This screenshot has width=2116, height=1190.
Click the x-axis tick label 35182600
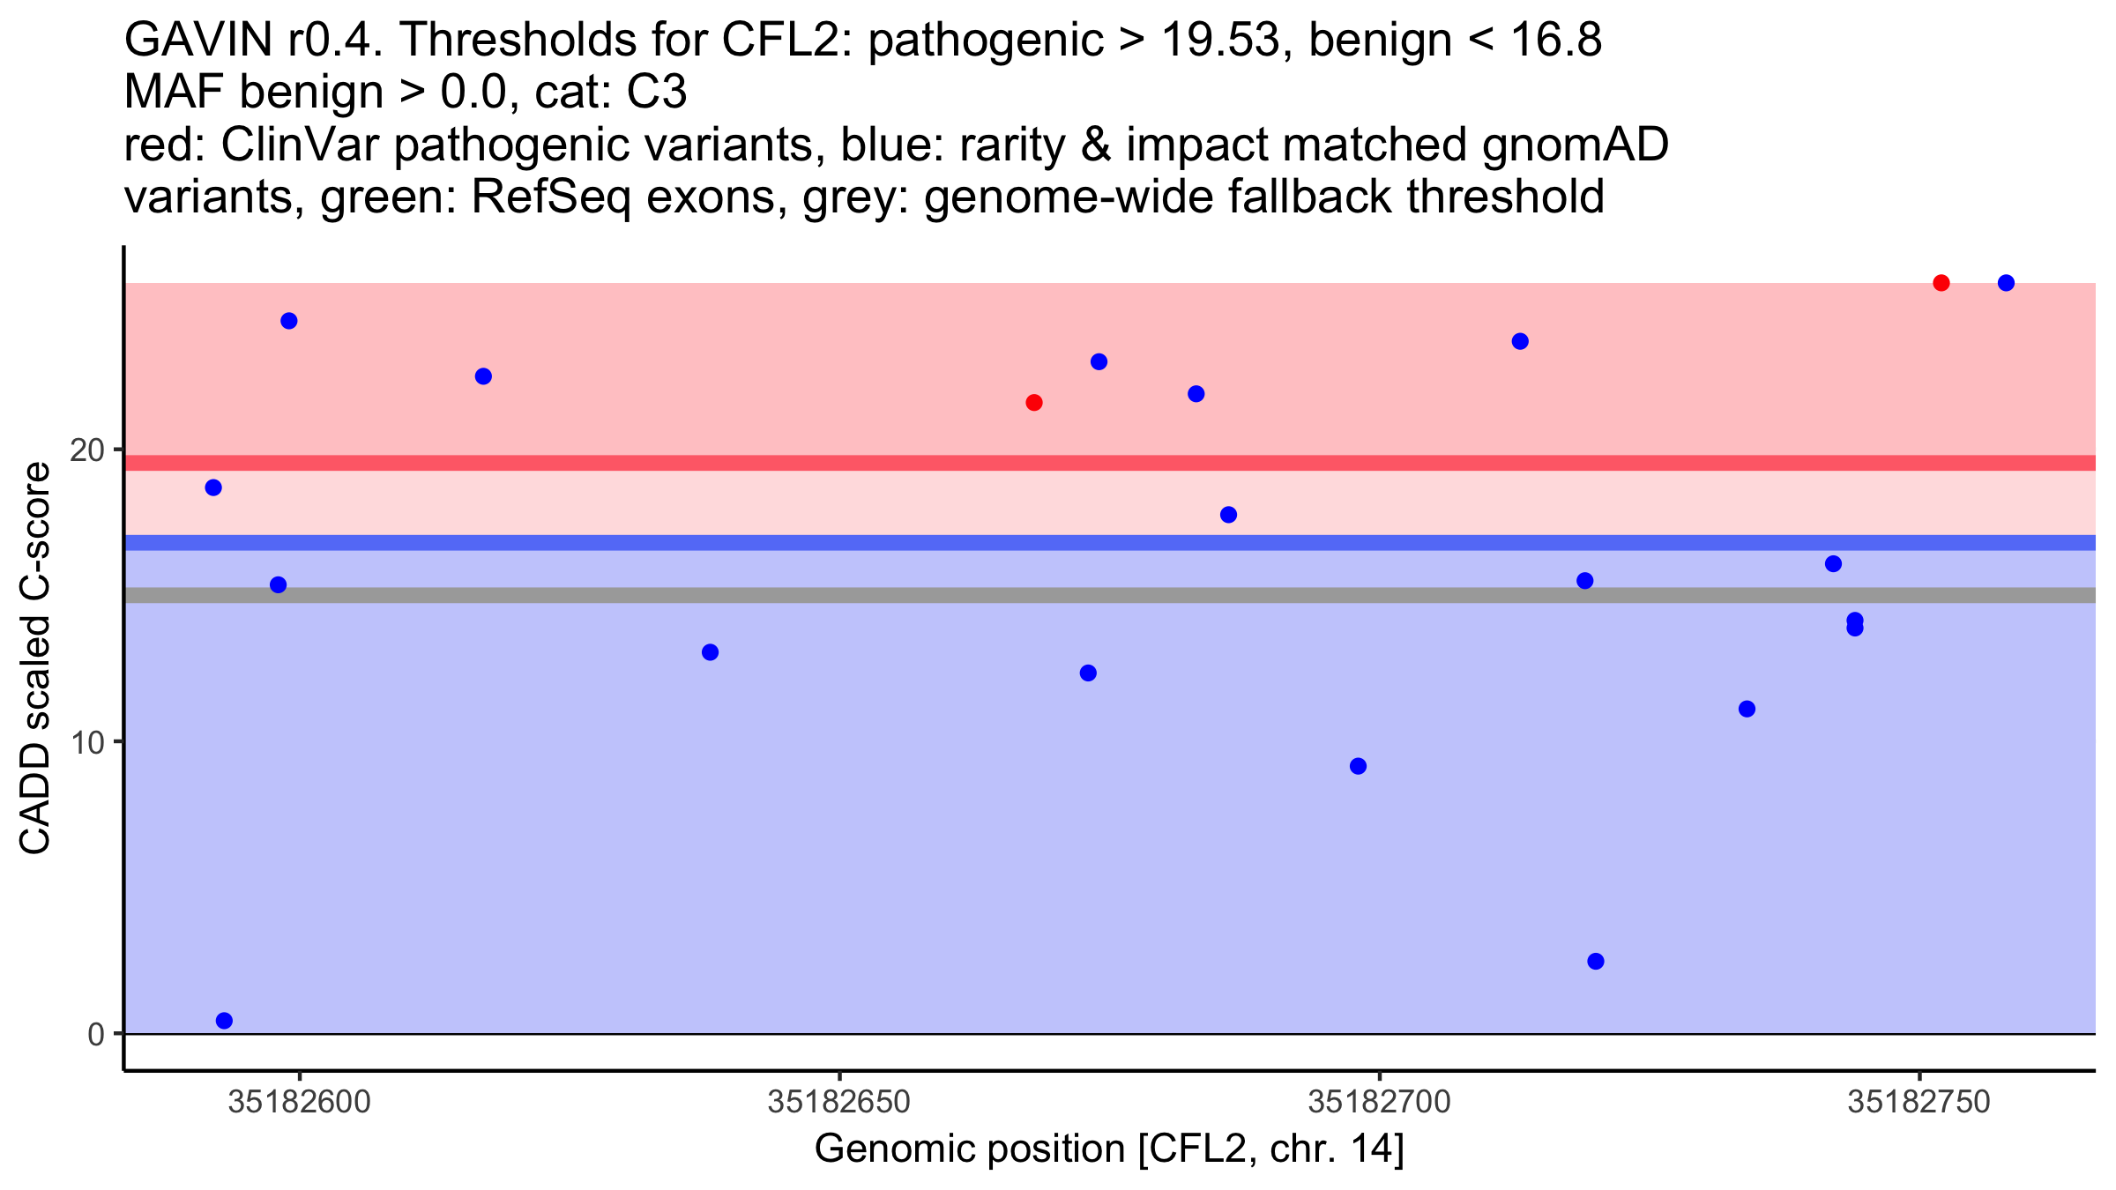[x=299, y=1102]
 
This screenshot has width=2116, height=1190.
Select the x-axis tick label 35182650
[x=839, y=1102]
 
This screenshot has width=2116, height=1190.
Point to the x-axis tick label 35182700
[x=1379, y=1102]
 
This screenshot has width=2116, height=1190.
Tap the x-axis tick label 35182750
[x=1919, y=1102]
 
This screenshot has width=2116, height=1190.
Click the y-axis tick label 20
[x=86, y=450]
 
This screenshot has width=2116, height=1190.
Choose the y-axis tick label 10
[x=86, y=742]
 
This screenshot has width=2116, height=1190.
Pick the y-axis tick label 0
[x=96, y=1034]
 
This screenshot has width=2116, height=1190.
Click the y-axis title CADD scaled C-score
[x=35, y=659]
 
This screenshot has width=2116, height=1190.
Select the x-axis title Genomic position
[x=1108, y=1149]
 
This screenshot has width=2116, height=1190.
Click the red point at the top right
[x=1941, y=283]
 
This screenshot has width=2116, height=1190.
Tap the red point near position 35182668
[x=1034, y=403]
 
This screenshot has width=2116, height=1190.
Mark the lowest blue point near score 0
[x=224, y=1021]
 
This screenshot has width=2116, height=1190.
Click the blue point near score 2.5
[x=1596, y=961]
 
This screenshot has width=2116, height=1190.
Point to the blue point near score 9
[x=1358, y=766]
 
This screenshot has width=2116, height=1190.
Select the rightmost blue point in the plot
[x=2006, y=283]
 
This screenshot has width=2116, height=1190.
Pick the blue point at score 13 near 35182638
[x=710, y=652]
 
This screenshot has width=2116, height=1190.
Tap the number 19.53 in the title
[x=1220, y=40]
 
